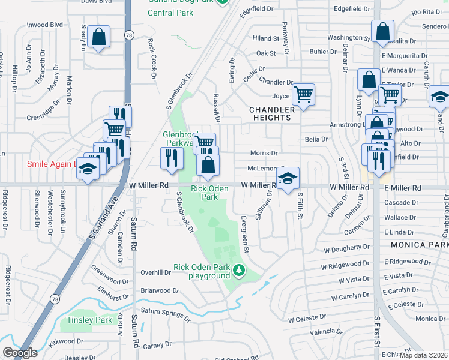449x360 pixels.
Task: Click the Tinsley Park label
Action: pos(90,320)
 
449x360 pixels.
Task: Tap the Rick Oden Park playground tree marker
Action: pos(240,271)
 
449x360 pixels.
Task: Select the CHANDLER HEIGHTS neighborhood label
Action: pos(272,113)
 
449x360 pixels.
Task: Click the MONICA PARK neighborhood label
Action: pos(419,245)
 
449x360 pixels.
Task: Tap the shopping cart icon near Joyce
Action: pos(303,94)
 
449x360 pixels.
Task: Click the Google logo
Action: pos(19,353)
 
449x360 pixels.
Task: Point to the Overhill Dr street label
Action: pos(155,272)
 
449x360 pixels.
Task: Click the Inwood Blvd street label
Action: pos(45,25)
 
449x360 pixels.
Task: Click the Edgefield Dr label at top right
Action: pos(351,10)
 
